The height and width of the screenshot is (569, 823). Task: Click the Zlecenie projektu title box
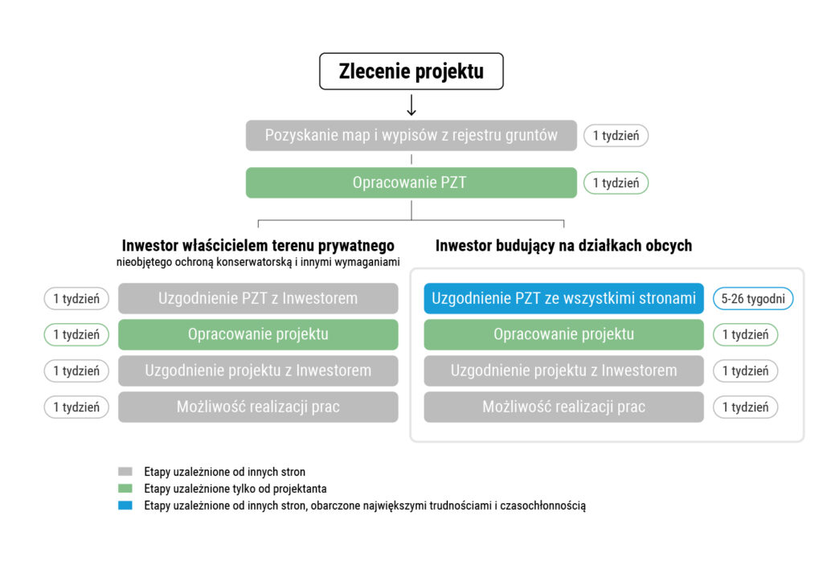point(411,72)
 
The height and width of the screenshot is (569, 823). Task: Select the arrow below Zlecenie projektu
point(411,105)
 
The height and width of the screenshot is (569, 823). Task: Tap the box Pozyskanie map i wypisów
point(411,135)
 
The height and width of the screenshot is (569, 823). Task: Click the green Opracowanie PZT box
point(411,182)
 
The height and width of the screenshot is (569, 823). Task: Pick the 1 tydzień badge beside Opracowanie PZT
point(616,182)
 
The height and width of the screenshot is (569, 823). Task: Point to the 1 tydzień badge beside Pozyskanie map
point(616,135)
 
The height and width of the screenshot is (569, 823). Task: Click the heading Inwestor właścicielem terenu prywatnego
point(258,245)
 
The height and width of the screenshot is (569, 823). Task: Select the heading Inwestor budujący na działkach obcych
point(563,245)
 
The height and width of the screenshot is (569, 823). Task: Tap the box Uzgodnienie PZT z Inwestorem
point(258,298)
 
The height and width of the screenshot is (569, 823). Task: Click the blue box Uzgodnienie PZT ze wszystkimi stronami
point(563,298)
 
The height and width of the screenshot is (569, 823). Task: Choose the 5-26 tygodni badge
point(753,298)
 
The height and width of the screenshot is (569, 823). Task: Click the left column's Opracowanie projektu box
point(258,334)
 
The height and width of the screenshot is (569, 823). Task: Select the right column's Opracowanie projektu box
point(563,334)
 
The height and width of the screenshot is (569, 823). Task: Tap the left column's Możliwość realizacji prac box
point(258,407)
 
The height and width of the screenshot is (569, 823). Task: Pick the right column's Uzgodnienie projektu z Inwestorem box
point(563,370)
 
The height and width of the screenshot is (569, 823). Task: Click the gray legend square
point(125,472)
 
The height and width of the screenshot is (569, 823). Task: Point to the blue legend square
point(125,506)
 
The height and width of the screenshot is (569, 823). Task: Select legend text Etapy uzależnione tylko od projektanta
point(235,489)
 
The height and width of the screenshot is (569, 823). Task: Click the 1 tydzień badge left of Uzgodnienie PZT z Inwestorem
point(76,298)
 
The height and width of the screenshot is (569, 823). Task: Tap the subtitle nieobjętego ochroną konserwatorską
point(258,261)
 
